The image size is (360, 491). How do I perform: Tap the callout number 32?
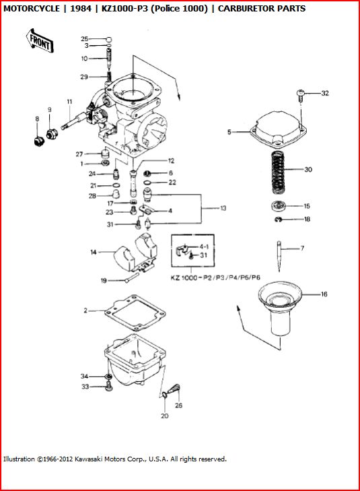pos(325,93)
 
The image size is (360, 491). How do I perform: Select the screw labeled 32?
pos(300,95)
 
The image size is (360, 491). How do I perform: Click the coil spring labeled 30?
pos(278,171)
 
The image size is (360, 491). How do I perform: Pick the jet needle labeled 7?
pos(279,256)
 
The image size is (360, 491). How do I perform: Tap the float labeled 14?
pos(135,253)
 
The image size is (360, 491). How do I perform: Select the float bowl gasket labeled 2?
pos(135,313)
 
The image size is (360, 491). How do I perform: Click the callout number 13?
pos(223,208)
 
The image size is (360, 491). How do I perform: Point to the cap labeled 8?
pos(39,141)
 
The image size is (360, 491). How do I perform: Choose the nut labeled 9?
pos(51,134)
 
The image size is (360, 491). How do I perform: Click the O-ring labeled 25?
pos(108,40)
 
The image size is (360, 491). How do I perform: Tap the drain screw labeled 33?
pos(109,387)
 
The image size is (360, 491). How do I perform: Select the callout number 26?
pos(178,405)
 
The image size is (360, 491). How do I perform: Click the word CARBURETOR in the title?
pos(245,9)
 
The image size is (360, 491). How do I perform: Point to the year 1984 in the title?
pos(81,9)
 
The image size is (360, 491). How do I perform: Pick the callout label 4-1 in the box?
pos(204,247)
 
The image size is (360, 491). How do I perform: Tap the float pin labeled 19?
pos(132,277)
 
